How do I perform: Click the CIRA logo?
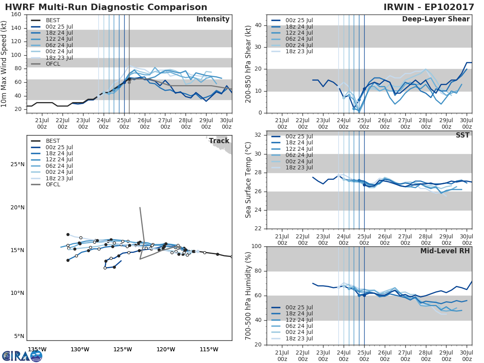click(22, 356)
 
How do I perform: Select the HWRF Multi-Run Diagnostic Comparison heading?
click(106, 7)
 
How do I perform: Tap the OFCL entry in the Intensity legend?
click(53, 64)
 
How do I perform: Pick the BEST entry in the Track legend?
click(53, 141)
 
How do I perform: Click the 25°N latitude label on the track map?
click(17, 165)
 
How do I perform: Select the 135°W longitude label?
click(37, 349)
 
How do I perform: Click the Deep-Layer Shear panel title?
click(436, 19)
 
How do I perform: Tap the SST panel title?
click(462, 135)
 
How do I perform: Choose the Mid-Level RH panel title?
click(445, 251)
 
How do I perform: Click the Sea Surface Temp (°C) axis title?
click(248, 182)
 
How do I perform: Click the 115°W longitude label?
click(209, 349)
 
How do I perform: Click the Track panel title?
click(219, 141)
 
